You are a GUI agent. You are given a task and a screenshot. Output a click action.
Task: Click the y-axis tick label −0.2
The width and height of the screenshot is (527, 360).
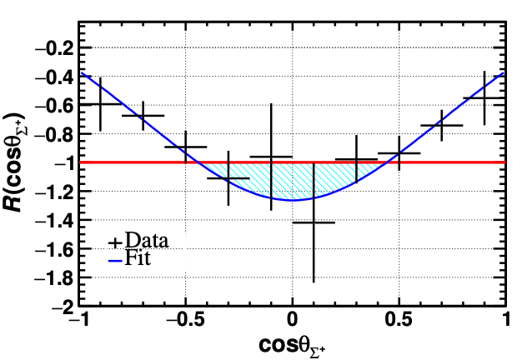(x=56, y=47)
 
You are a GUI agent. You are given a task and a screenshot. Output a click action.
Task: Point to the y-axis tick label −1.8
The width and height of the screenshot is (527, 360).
(x=56, y=278)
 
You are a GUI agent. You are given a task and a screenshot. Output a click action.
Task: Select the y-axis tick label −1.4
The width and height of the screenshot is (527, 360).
(x=56, y=221)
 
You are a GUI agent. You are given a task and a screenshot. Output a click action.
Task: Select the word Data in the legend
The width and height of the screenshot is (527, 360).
(x=146, y=242)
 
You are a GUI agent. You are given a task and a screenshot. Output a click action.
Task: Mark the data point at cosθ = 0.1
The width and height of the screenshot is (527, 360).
(x=314, y=222)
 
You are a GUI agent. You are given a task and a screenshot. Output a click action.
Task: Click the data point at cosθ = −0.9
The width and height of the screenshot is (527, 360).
(x=100, y=103)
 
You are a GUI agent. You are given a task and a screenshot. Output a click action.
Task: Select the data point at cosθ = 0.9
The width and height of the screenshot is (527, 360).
(x=484, y=97)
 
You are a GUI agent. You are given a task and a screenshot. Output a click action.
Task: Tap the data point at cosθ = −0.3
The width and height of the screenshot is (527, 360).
(x=228, y=177)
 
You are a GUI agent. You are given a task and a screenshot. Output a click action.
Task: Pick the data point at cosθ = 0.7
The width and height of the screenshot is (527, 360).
(x=441, y=126)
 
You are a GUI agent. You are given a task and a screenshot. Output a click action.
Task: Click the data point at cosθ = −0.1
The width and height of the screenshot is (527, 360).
(x=271, y=157)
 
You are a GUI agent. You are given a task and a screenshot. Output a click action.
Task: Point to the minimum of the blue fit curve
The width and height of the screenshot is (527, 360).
(x=293, y=200)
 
